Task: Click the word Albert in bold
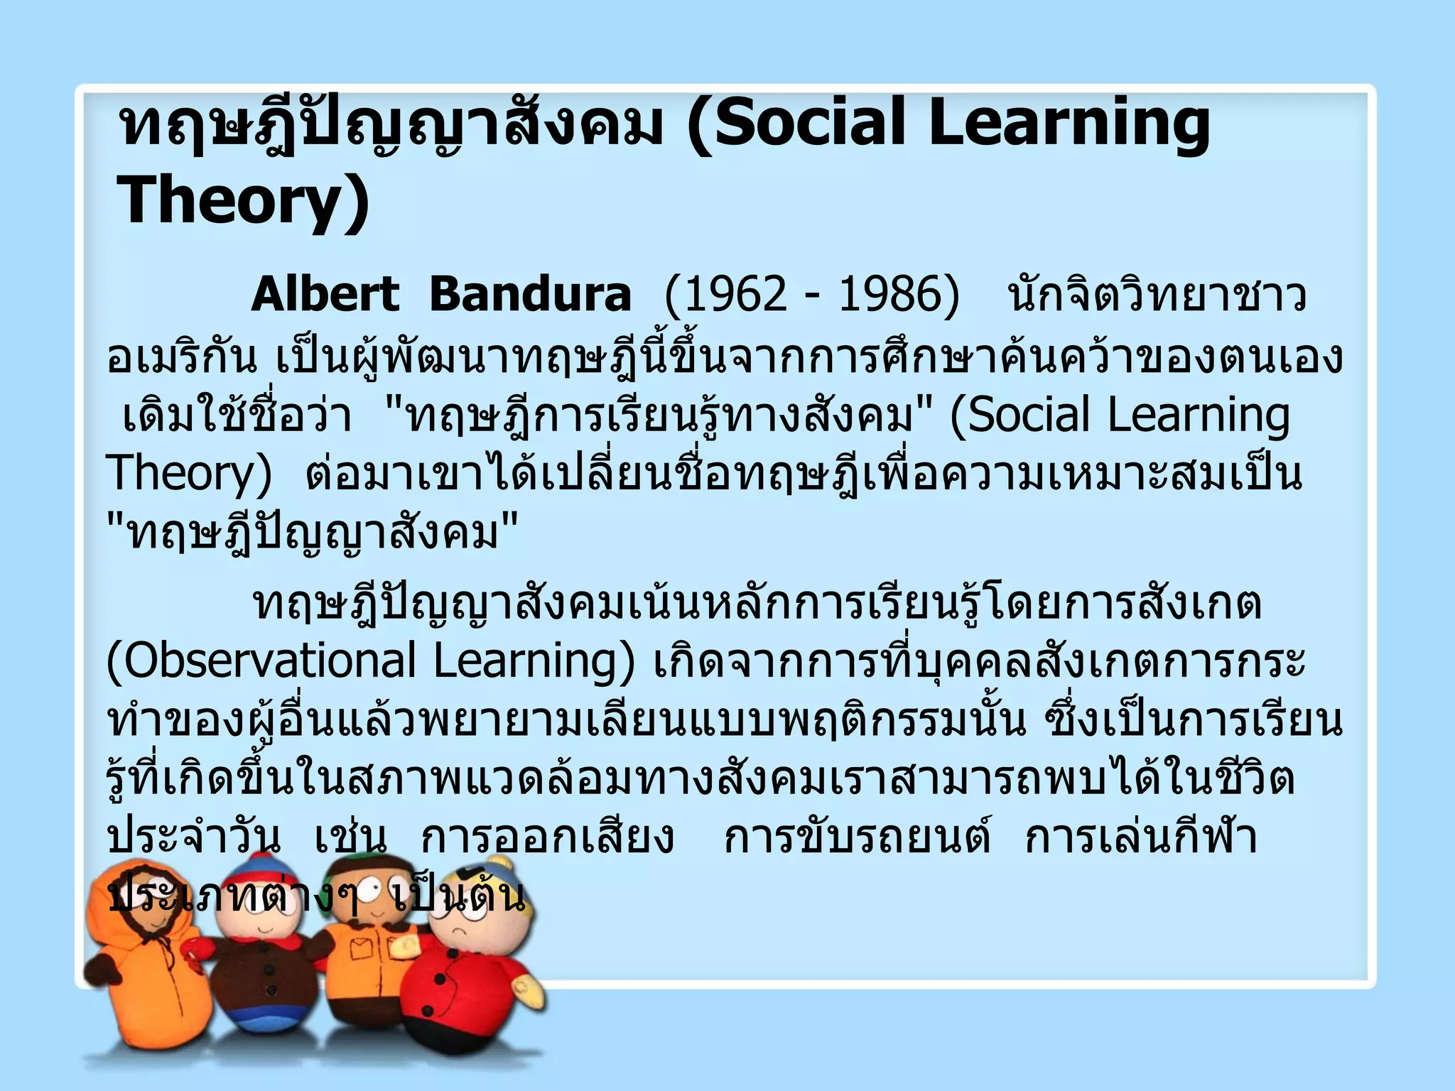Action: click(325, 295)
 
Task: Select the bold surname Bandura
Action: click(530, 295)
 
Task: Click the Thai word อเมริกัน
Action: click(181, 357)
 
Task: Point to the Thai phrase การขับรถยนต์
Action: click(857, 837)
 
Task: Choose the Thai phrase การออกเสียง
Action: click(547, 837)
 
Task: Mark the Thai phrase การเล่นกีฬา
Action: click(1141, 837)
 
